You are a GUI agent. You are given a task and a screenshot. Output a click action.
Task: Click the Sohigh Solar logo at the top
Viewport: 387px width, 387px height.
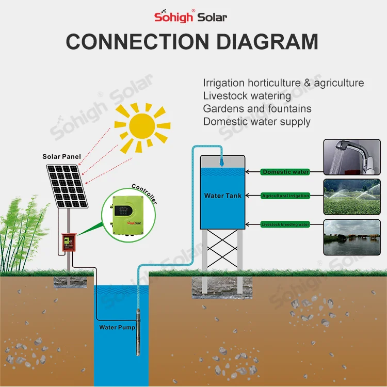point(190,16)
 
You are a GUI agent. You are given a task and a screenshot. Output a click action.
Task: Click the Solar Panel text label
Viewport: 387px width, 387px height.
point(61,156)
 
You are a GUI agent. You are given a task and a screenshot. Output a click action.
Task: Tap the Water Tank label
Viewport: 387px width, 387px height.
point(222,196)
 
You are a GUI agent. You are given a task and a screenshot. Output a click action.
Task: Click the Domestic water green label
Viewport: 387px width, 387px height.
point(285,172)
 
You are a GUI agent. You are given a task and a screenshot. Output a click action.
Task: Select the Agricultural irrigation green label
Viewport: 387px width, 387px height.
point(285,196)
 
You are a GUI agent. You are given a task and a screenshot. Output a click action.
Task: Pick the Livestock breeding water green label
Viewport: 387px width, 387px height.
point(285,224)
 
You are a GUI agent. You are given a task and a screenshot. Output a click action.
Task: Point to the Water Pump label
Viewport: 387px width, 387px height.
point(117,327)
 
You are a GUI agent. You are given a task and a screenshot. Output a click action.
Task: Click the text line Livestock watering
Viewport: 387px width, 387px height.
point(247,95)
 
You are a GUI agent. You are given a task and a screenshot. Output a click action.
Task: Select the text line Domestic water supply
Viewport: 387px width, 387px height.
point(256,122)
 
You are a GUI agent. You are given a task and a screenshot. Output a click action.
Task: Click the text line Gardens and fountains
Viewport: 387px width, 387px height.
point(257,108)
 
